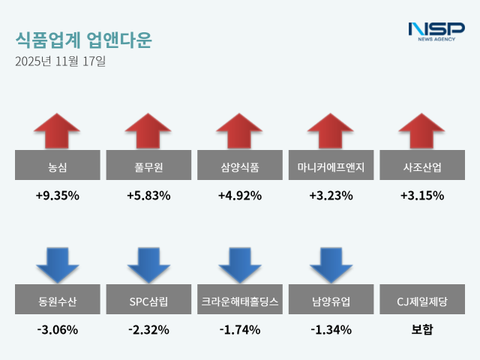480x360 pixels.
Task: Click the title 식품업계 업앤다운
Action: tap(82, 40)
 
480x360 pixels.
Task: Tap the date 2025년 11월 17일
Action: tap(60, 61)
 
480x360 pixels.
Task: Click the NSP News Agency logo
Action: tap(436, 31)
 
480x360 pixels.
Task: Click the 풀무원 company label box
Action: tap(148, 166)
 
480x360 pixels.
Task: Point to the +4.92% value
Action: tap(240, 196)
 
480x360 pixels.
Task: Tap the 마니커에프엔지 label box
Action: tap(331, 166)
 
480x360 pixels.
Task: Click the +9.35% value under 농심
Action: tap(57, 196)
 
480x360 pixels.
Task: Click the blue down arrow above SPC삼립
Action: tap(148, 265)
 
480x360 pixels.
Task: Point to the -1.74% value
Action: tap(240, 329)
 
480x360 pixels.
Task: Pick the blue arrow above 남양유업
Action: tap(331, 265)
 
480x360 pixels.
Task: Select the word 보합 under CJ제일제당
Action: tap(422, 329)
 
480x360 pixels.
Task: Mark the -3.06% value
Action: tap(57, 329)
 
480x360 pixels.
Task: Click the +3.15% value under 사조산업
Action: tap(422, 196)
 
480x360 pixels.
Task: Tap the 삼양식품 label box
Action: tap(240, 166)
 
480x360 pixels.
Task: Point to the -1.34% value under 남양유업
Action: tap(331, 329)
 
